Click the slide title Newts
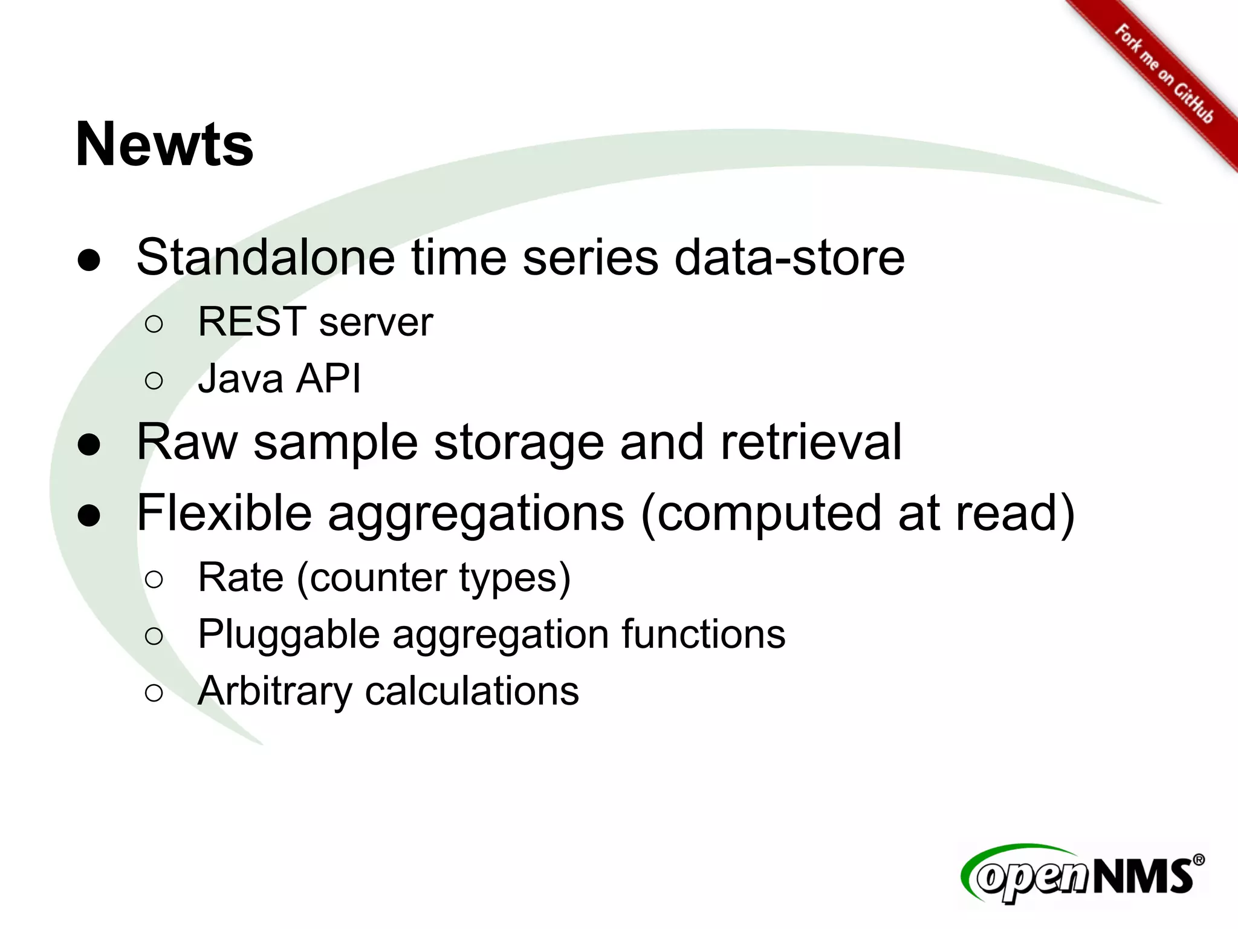pyautogui.click(x=164, y=145)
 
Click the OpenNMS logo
pyautogui.click(x=1082, y=875)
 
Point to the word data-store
pyautogui.click(x=789, y=258)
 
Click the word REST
pyautogui.click(x=252, y=322)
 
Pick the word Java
pyautogui.click(x=241, y=379)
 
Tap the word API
pyautogui.click(x=329, y=379)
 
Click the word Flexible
pyautogui.click(x=224, y=513)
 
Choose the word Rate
pyautogui.click(x=241, y=578)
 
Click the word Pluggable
pyautogui.click(x=287, y=635)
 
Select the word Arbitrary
pyautogui.click(x=274, y=691)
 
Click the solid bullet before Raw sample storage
pyautogui.click(x=89, y=445)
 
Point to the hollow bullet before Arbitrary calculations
pyautogui.click(x=154, y=693)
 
